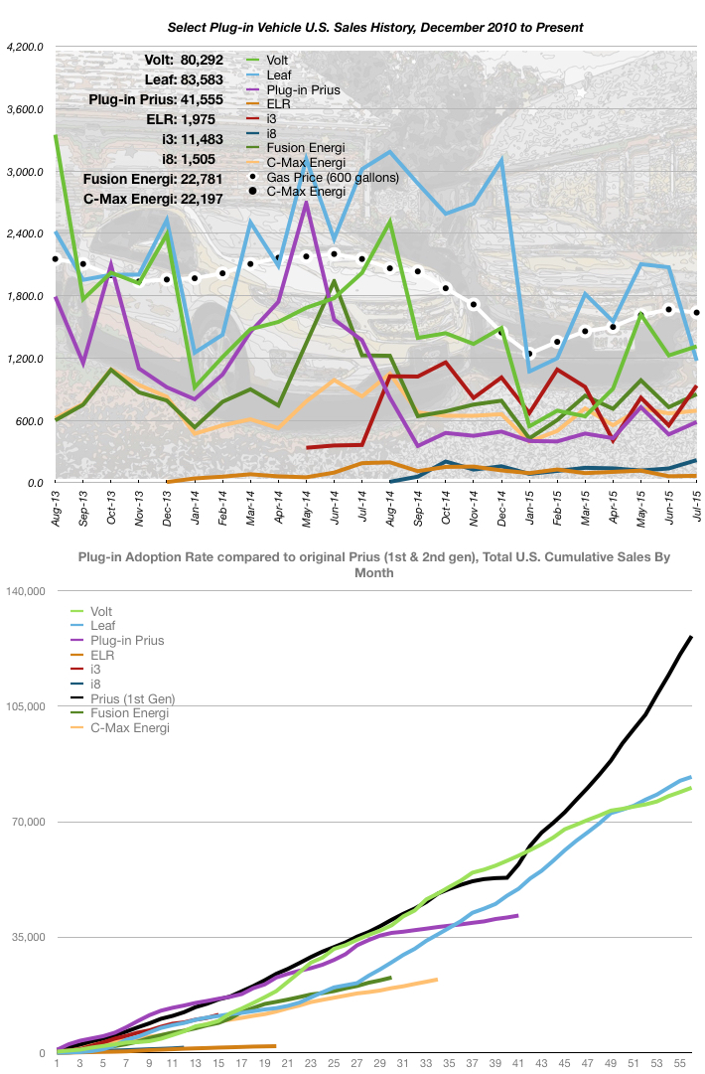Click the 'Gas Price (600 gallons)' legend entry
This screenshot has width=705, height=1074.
click(x=339, y=177)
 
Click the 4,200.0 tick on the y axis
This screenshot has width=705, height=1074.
click(x=25, y=47)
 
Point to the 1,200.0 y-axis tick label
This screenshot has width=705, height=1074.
click(x=25, y=359)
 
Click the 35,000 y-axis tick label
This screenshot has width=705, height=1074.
click(x=28, y=937)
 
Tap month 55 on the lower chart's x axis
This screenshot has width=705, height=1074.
click(x=681, y=1064)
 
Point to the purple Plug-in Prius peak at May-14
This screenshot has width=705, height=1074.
click(x=307, y=202)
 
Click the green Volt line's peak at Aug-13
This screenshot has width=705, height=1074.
click(x=57, y=136)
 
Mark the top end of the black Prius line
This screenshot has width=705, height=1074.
click(x=691, y=636)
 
